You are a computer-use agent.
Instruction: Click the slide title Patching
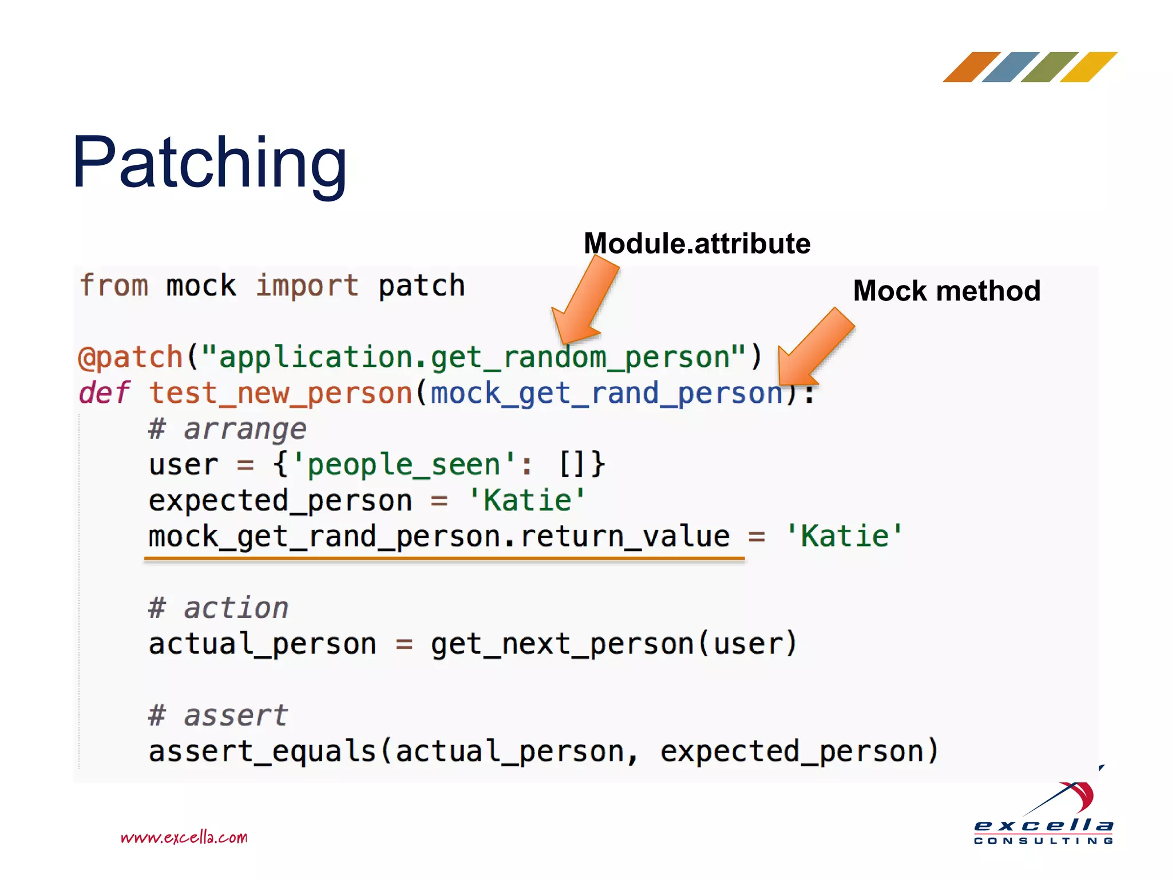pos(209,163)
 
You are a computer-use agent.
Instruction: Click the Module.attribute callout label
pos(696,244)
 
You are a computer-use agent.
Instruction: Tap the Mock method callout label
pos(947,291)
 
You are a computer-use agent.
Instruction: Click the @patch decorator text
pos(130,358)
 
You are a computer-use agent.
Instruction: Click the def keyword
pos(104,393)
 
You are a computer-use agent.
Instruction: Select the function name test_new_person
pos(280,394)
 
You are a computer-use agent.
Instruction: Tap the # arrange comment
pos(227,429)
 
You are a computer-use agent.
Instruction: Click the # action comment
pos(218,608)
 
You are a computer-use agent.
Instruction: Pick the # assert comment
pos(217,715)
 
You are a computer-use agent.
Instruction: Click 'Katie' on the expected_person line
pos(526,500)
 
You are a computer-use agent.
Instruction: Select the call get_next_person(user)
pos(613,644)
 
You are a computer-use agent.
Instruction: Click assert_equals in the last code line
pos(262,751)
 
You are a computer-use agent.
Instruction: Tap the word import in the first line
pos(307,286)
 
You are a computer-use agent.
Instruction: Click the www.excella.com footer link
pos(184,838)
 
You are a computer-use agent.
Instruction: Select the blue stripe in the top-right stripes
pos(1010,67)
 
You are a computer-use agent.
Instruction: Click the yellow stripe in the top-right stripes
pos(1088,67)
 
